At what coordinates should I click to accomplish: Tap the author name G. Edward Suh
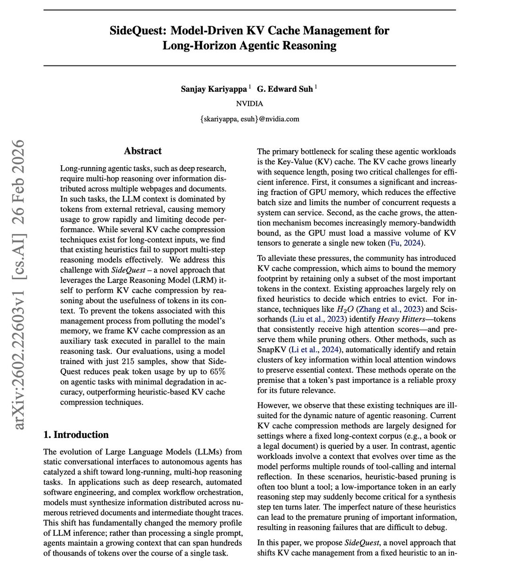coord(285,89)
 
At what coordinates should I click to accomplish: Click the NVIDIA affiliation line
coord(249,104)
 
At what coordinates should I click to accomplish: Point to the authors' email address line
coord(249,119)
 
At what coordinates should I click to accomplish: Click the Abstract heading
coord(143,151)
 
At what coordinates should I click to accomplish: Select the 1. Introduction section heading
coord(76,435)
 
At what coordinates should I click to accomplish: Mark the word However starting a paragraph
coord(274,405)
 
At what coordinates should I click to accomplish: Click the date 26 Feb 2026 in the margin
coord(19,179)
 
